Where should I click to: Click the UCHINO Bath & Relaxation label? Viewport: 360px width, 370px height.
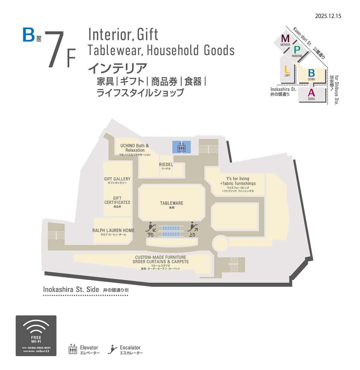135,148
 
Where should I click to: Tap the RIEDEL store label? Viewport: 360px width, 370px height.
166,165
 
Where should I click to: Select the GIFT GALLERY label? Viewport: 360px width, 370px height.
117,179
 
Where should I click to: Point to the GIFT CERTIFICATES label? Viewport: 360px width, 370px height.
117,200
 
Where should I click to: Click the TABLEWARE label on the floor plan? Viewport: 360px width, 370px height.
172,203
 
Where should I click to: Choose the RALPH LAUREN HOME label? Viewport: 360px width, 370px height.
113,231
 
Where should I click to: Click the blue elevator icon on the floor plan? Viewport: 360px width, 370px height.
181,147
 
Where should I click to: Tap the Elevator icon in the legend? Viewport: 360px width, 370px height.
73,349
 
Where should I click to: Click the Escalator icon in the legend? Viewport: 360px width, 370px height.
112,349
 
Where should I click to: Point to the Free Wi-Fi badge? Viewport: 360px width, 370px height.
36,336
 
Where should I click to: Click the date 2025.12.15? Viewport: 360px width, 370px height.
328,16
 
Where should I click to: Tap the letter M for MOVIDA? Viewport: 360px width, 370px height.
285,39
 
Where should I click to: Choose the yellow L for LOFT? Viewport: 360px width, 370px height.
287,70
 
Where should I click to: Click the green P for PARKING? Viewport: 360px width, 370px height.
297,50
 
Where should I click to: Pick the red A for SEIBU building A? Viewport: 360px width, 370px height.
311,93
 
